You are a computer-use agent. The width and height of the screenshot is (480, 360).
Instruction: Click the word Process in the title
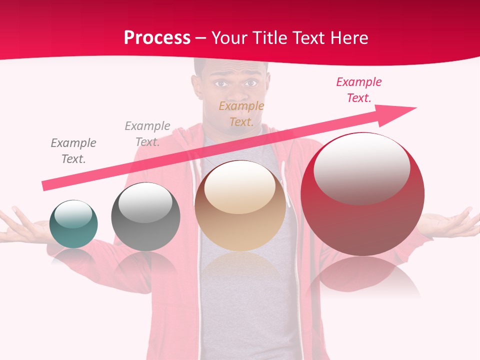point(157,38)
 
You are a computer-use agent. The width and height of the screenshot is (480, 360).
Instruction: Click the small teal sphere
point(73,224)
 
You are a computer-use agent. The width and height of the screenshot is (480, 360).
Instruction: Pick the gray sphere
point(145,217)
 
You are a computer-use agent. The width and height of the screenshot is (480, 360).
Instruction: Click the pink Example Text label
point(358,90)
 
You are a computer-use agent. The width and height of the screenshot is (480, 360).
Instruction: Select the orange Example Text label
point(241,114)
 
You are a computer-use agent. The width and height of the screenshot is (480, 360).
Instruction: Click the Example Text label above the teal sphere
point(73,151)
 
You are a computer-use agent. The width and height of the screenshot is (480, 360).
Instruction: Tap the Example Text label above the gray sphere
point(147,134)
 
